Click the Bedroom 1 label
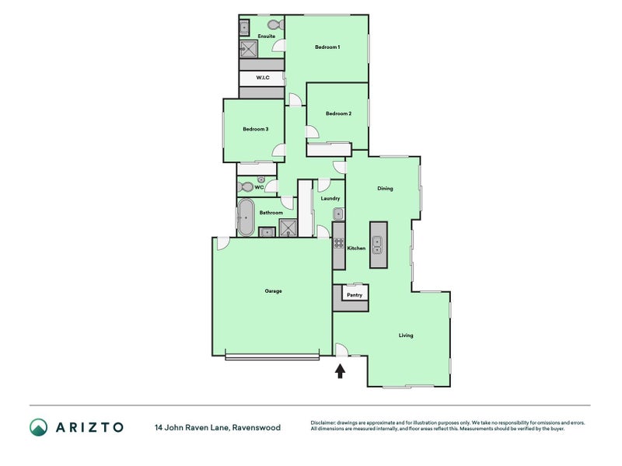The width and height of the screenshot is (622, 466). tap(327, 47)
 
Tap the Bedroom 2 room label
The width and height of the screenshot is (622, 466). tap(338, 113)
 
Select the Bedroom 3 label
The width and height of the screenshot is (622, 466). tap(256, 129)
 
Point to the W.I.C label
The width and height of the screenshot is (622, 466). tap(263, 78)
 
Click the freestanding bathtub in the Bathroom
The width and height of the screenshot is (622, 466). tap(246, 217)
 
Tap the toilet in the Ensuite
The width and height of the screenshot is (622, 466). tap(276, 25)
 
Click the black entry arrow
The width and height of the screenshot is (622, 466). tap(340, 371)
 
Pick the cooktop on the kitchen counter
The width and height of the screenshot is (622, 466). tap(338, 243)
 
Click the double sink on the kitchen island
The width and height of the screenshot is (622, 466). tap(376, 245)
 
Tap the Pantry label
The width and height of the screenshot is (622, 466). tap(355, 295)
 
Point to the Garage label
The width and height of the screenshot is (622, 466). tap(274, 291)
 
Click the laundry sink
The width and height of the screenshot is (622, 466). tap(338, 214)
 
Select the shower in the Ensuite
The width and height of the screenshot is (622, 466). tap(249, 49)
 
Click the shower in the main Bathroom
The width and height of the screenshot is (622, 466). tap(288, 228)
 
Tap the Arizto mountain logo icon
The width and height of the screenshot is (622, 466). tap(38, 428)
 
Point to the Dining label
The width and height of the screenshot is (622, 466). tap(385, 189)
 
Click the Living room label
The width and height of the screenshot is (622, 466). tap(406, 336)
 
